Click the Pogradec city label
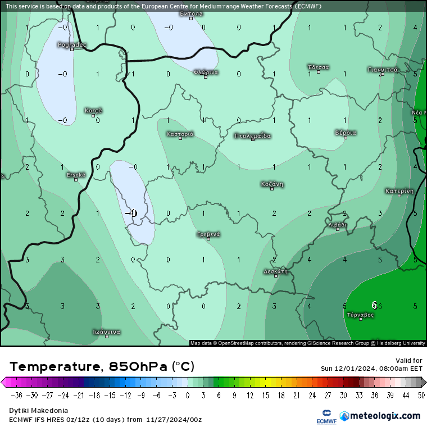pos(72,44)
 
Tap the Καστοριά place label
pos(180,134)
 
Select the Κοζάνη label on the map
pos(272,184)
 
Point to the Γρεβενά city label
pos(208,234)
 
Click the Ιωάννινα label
pos(107,331)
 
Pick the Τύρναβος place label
pos(361,315)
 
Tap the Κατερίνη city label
pos(399,190)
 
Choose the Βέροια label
pos(346,133)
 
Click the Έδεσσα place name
pos(319,67)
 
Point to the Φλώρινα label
pos(206,72)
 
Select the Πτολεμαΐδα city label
pos(253,135)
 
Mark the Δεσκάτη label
pos(275,271)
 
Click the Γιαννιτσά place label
pos(383,70)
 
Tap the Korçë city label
pos(93,111)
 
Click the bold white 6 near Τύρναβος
pos(374,305)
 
